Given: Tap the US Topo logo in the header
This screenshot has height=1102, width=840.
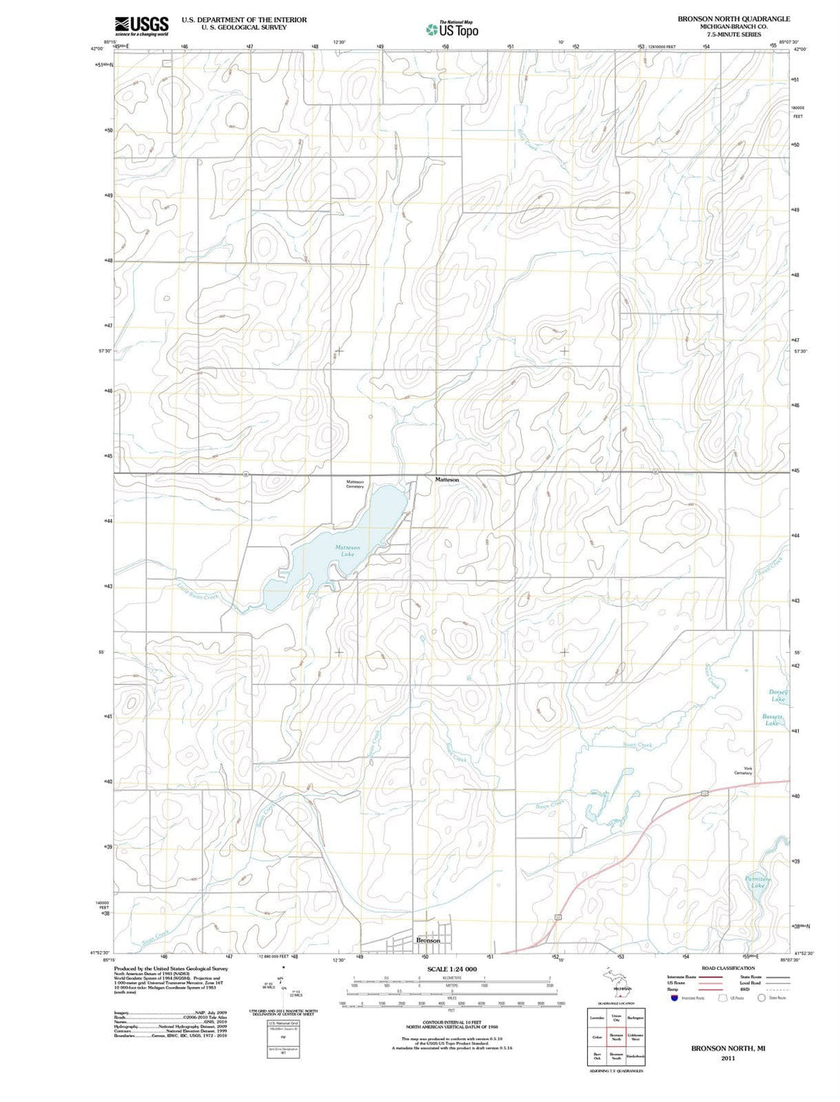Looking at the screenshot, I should (452, 30).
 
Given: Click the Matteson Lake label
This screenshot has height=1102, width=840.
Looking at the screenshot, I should (348, 550).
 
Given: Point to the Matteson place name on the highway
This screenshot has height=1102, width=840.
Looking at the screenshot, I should (446, 480).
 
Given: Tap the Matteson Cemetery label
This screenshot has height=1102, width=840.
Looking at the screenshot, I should (355, 484).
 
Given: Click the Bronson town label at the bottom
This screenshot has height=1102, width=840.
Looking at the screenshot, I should (428, 940).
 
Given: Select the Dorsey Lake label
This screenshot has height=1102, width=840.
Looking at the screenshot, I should (779, 696).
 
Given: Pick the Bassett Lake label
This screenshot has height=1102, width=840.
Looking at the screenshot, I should (772, 720).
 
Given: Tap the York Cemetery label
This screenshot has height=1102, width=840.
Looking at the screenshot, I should (743, 771).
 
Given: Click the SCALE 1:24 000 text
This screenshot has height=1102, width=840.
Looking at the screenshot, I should (451, 969).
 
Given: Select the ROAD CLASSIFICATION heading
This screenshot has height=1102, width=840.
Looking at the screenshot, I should (727, 968).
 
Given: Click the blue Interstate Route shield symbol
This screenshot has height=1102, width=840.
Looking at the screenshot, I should (674, 998).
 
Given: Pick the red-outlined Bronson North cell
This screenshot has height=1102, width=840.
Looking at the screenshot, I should (616, 1037).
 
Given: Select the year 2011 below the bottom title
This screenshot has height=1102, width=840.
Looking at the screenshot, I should (728, 1058).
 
